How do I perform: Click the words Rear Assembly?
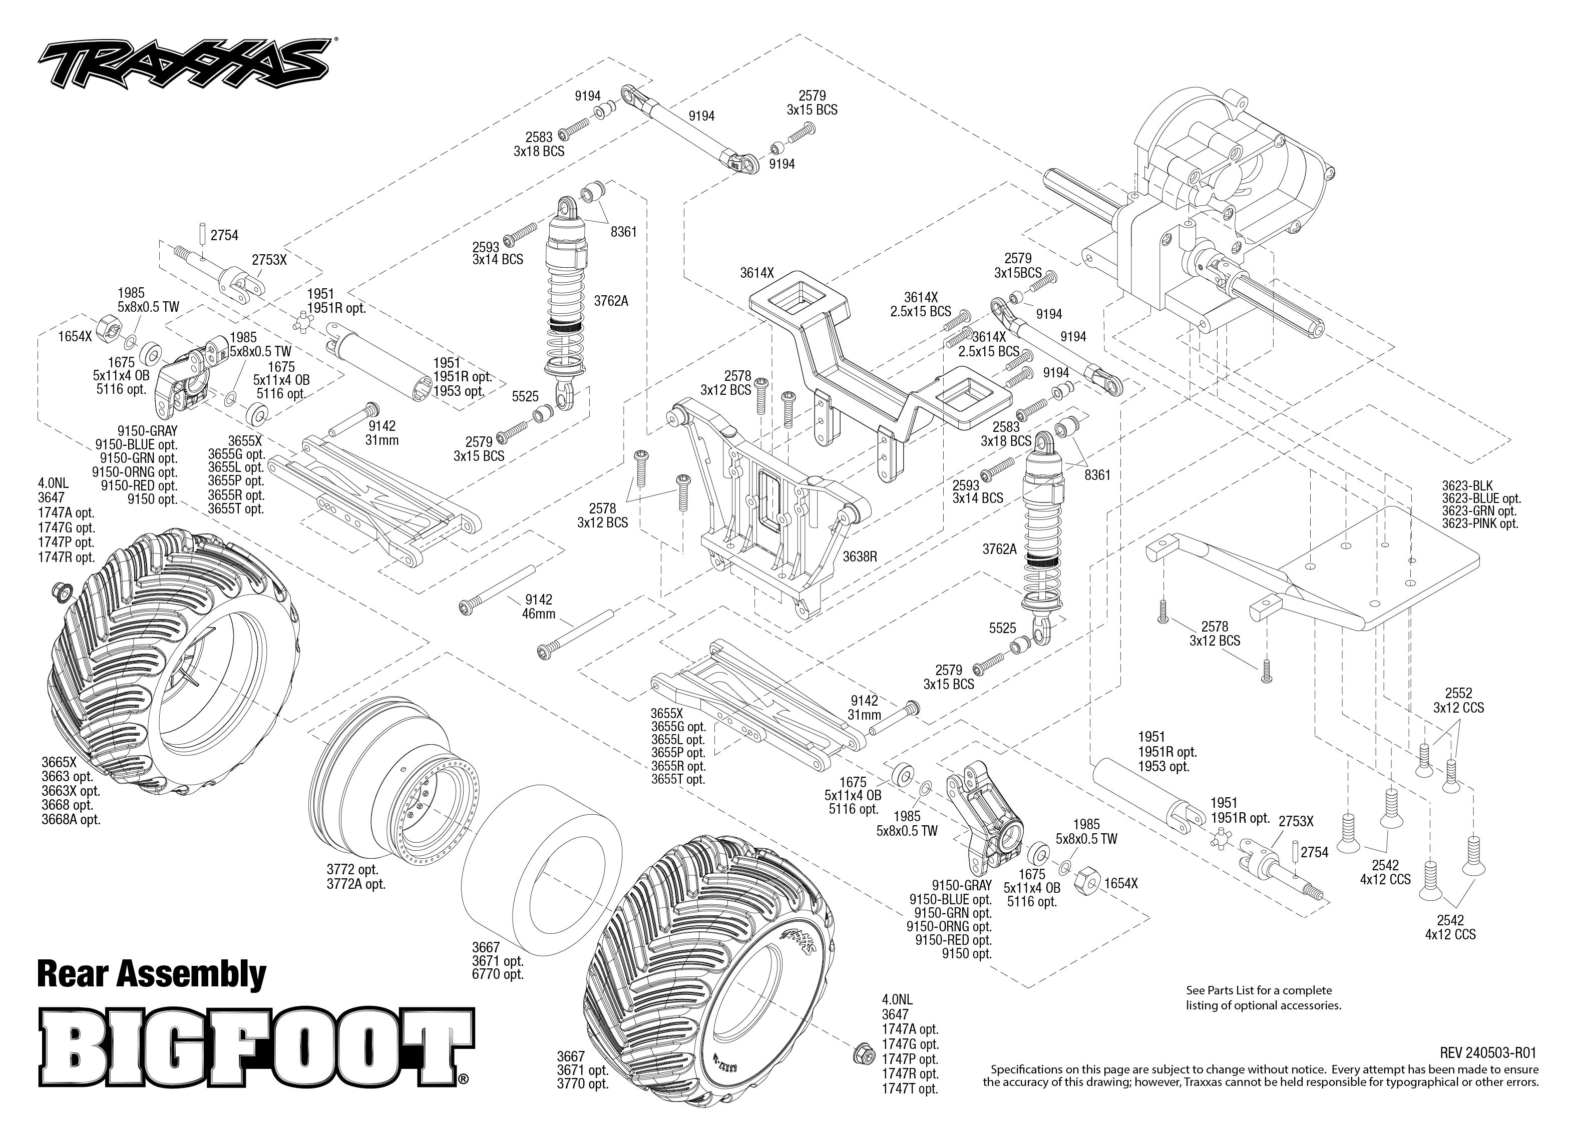click(x=151, y=974)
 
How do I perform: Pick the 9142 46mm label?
click(x=539, y=607)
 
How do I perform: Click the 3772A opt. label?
click(x=356, y=884)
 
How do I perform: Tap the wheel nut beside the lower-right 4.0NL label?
click(x=863, y=1052)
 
